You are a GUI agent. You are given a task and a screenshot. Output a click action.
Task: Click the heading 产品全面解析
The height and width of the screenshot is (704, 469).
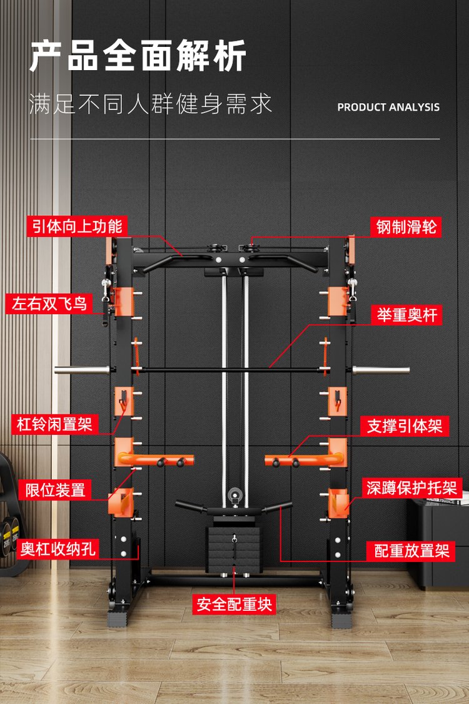(x=138, y=56)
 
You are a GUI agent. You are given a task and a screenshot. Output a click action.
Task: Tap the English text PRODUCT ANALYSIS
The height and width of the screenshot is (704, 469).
(x=388, y=107)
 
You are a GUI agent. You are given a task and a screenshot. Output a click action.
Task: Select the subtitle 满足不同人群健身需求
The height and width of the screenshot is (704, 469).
(x=151, y=104)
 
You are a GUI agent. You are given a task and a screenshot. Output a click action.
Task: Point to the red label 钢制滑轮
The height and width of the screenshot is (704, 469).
(x=405, y=226)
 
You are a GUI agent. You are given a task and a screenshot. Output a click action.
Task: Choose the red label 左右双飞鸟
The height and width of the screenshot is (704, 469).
(x=52, y=304)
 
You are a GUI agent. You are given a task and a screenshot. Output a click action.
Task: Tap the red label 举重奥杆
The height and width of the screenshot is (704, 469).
(x=405, y=315)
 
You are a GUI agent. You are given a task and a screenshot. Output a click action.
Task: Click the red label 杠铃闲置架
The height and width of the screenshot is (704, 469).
(x=54, y=425)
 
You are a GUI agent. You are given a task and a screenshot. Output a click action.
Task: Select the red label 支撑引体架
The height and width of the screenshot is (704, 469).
(x=405, y=426)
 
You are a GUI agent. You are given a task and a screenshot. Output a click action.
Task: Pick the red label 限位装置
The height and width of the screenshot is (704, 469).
(x=55, y=489)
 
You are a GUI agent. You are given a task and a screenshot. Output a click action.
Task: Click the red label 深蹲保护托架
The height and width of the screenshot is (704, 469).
(x=412, y=488)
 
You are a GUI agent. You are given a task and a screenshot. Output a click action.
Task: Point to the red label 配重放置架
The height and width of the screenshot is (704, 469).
(x=411, y=551)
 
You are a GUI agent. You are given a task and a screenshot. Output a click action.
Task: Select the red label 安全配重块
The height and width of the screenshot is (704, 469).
(x=234, y=604)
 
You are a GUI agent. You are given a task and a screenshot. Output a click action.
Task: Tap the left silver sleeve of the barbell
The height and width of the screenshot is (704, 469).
(x=81, y=370)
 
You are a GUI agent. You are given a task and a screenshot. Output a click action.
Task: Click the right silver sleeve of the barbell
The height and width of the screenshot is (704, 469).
(x=381, y=370)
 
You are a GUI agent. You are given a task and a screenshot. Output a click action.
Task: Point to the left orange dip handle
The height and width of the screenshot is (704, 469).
(x=154, y=461)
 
